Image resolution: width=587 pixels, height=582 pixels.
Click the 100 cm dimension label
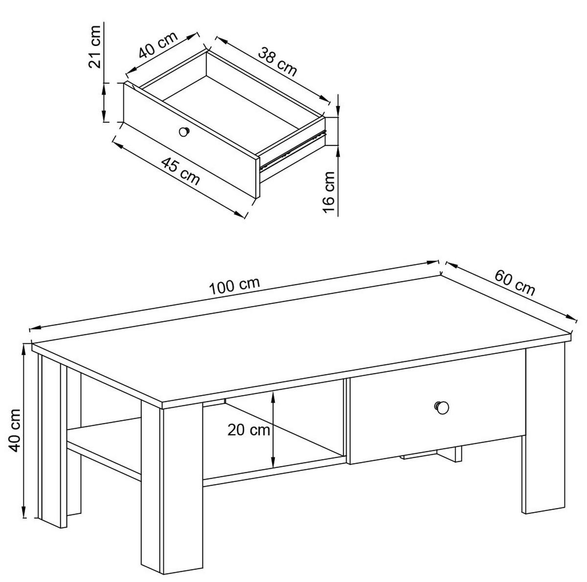click(x=235, y=286)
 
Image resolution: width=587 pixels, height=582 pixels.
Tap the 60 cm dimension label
click(x=515, y=283)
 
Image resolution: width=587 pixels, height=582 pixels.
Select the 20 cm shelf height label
click(x=248, y=430)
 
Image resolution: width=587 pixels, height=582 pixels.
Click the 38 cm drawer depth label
click(x=277, y=62)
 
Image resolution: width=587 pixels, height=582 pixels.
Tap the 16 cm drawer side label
click(x=329, y=192)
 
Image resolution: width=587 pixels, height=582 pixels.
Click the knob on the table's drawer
click(x=441, y=407)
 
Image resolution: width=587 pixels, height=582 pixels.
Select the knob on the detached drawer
click(x=184, y=132)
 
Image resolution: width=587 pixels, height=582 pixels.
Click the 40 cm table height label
click(x=14, y=431)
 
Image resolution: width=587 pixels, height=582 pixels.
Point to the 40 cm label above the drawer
click(x=158, y=45)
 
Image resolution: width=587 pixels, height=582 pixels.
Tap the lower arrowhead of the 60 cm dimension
click(x=569, y=317)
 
